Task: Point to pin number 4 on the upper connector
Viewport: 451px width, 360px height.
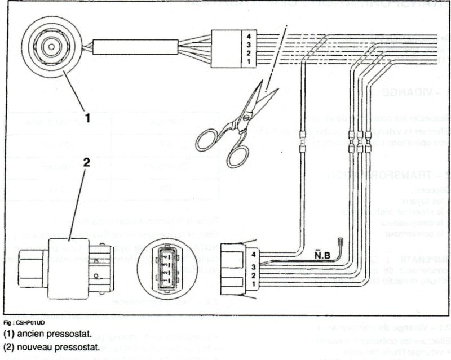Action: coord(248,37)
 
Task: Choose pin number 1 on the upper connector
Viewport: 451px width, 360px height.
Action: coord(248,60)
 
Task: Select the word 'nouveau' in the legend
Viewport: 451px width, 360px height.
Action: coord(35,346)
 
